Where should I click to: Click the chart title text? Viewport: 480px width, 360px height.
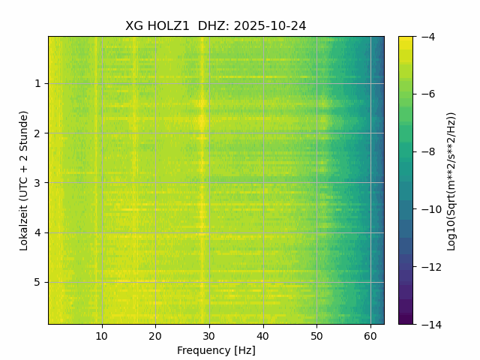point(215,26)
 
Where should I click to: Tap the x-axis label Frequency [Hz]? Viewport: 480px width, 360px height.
point(216,350)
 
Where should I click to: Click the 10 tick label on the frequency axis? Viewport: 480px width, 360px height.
point(102,335)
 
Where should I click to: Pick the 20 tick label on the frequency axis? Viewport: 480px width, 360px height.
point(155,335)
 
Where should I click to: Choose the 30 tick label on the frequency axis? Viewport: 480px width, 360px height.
point(209,335)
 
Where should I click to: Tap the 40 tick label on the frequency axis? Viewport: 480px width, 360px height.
point(262,335)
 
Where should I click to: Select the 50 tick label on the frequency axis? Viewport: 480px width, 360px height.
point(316,335)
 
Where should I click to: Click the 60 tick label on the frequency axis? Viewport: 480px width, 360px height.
point(370,335)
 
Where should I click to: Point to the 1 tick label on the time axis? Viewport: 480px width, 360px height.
point(37,84)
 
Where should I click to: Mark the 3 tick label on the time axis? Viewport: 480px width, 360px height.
point(37,183)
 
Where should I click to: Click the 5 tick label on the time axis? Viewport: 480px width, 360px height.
point(37,283)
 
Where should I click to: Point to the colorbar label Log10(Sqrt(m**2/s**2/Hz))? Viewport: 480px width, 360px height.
point(451,180)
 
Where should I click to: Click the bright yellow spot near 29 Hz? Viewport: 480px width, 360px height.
point(202,121)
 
